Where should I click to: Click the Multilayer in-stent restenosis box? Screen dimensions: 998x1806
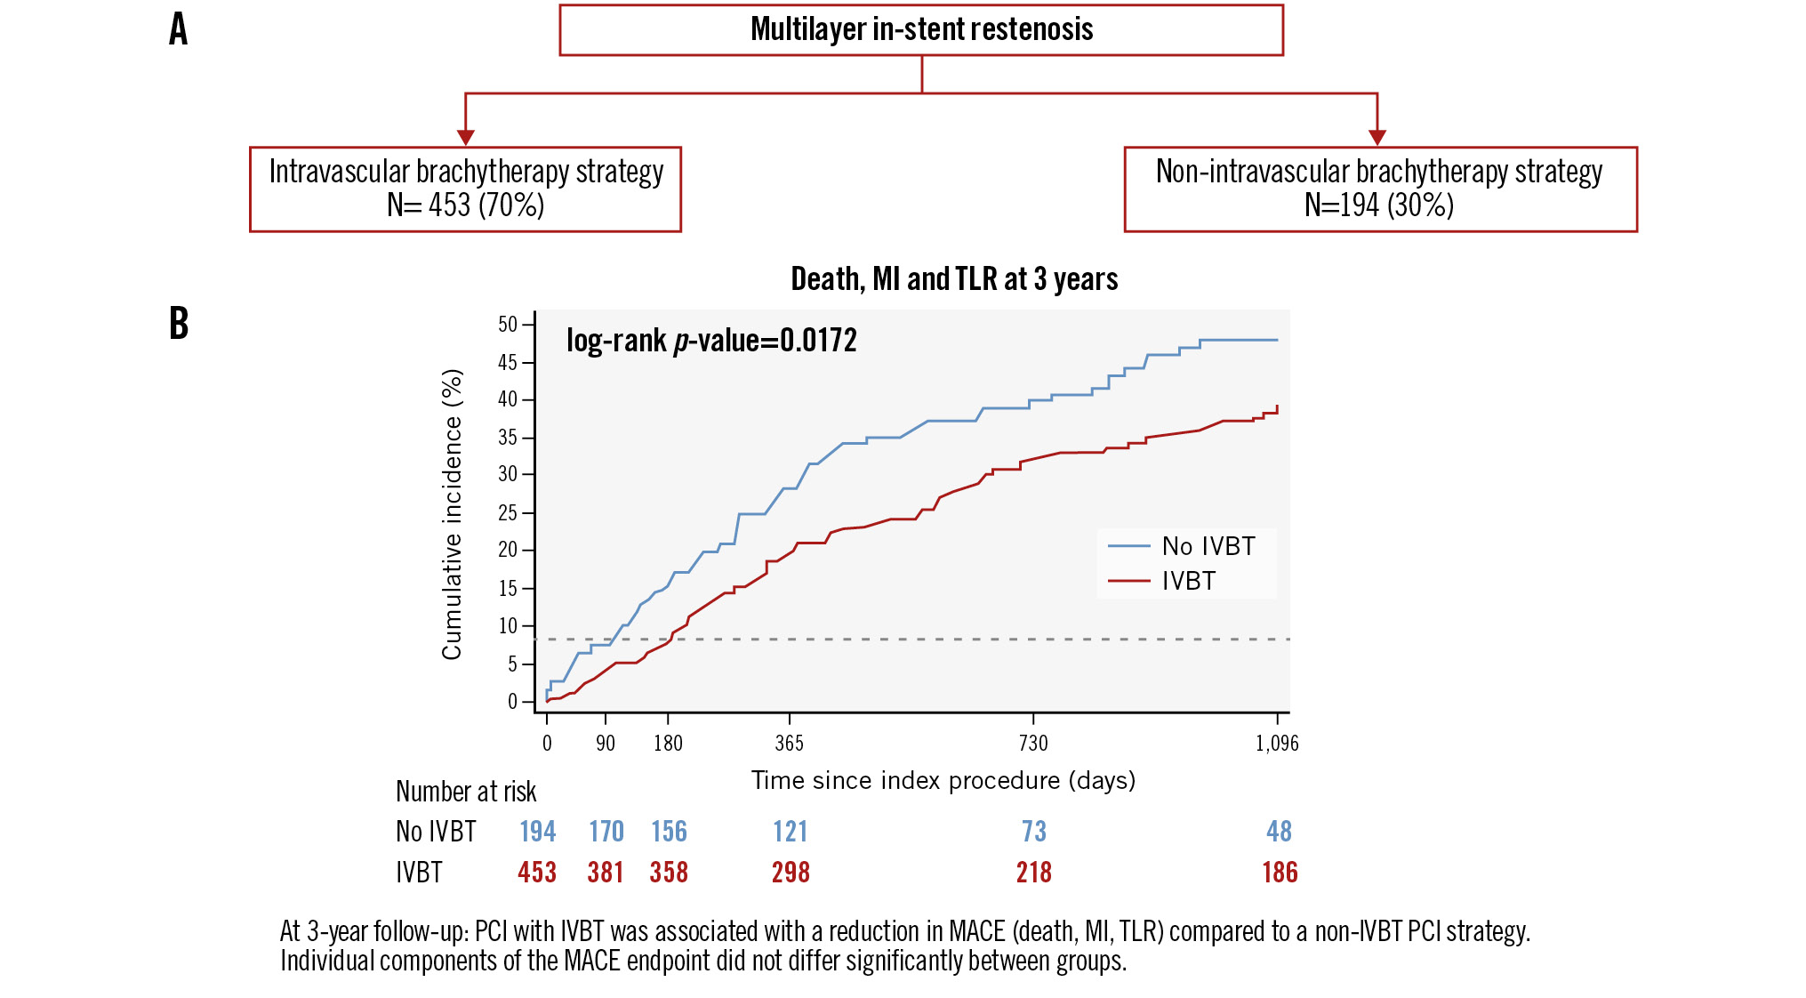[x=921, y=30]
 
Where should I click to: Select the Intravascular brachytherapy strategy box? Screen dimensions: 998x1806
[x=465, y=189]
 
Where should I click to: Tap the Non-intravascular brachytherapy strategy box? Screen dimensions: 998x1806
[x=1379, y=189]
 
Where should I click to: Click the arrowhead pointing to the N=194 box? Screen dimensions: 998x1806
[x=1377, y=137]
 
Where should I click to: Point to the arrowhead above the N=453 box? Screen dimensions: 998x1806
[x=465, y=137]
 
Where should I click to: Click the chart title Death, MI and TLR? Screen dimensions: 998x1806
[x=954, y=279]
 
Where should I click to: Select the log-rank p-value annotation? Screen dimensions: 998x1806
[x=711, y=341]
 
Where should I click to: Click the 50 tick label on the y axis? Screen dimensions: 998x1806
[x=507, y=325]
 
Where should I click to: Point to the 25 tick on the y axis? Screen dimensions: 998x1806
[x=507, y=512]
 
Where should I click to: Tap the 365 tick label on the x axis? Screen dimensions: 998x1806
[x=789, y=744]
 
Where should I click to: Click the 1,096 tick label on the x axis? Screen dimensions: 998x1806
[x=1277, y=744]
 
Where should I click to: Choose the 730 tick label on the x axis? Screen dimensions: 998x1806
[x=1033, y=744]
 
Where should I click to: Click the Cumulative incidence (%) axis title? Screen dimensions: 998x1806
[x=452, y=514]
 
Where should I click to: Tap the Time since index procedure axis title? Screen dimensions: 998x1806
[x=943, y=780]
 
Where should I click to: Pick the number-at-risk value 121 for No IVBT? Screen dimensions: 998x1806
[x=790, y=832]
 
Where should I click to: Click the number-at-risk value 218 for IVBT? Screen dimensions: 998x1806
[x=1033, y=873]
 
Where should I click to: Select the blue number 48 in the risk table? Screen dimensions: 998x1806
[x=1279, y=832]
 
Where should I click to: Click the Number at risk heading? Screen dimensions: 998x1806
[x=466, y=792]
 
